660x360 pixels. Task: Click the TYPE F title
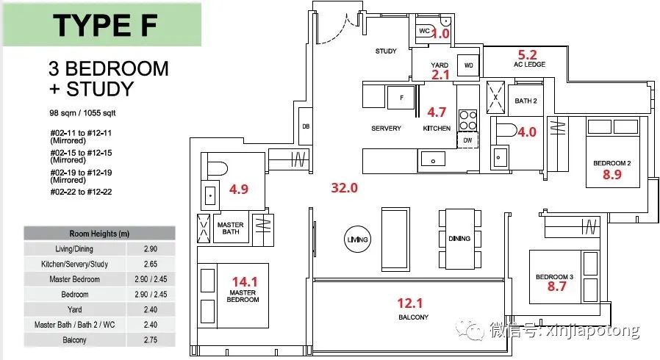(105, 25)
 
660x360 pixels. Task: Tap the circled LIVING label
(357, 240)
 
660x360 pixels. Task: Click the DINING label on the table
(459, 239)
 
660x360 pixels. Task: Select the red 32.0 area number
(344, 187)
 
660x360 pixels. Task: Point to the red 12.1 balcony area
(410, 303)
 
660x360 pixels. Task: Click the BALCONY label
(413, 317)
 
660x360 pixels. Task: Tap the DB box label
(306, 126)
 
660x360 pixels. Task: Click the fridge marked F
(401, 98)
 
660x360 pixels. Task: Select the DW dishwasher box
(467, 140)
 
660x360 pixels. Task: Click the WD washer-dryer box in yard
(468, 65)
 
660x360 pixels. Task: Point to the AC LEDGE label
(529, 65)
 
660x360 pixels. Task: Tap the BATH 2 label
(526, 101)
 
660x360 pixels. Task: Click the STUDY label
(386, 51)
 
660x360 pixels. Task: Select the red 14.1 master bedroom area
(245, 282)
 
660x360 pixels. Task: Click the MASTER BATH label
(231, 228)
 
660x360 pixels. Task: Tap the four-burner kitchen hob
(467, 120)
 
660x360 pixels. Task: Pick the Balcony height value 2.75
(150, 340)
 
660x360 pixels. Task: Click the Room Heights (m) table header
(99, 234)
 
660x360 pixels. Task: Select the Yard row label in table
(74, 309)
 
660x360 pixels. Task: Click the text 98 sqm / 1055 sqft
(82, 112)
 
